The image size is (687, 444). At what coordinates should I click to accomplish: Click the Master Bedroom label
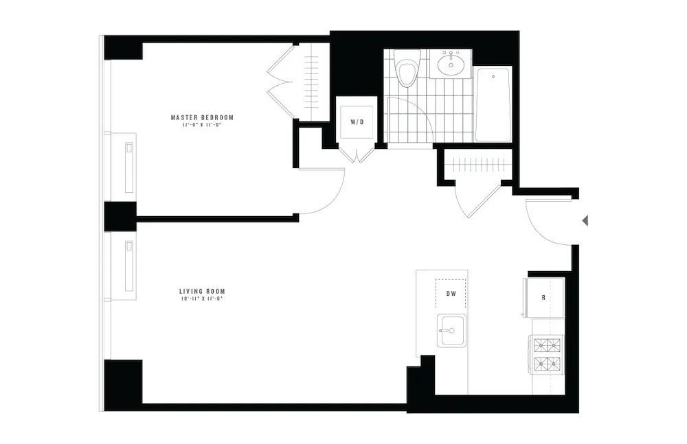point(202,117)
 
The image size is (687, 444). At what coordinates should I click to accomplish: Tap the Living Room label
point(202,290)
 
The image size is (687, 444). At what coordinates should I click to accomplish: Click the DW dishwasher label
point(451,294)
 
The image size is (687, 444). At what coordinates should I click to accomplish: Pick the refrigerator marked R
point(545,298)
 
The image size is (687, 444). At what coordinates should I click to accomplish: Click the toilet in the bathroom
point(407,70)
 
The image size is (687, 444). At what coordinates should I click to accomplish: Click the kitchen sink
point(451,331)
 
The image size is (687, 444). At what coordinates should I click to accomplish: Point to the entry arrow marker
point(585,220)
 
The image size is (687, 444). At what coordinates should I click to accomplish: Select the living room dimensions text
point(202,299)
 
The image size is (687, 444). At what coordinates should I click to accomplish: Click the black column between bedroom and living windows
point(120,216)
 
